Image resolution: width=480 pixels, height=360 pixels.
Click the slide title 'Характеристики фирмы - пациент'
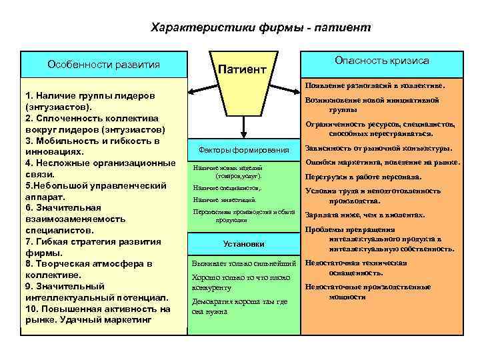(x=261, y=27)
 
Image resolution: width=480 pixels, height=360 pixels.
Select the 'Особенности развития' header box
(x=103, y=65)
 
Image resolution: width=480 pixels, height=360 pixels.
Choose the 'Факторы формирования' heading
(x=243, y=149)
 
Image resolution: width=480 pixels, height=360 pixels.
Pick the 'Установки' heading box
(x=243, y=244)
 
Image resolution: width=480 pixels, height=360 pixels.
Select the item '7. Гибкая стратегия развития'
(x=92, y=241)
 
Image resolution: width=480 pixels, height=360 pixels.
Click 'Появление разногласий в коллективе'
(x=375, y=86)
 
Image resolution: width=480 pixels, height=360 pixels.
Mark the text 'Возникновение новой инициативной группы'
(x=371, y=104)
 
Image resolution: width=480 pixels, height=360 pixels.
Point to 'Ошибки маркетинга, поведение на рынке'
(x=382, y=162)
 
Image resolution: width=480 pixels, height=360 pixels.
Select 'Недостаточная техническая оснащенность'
(x=355, y=268)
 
